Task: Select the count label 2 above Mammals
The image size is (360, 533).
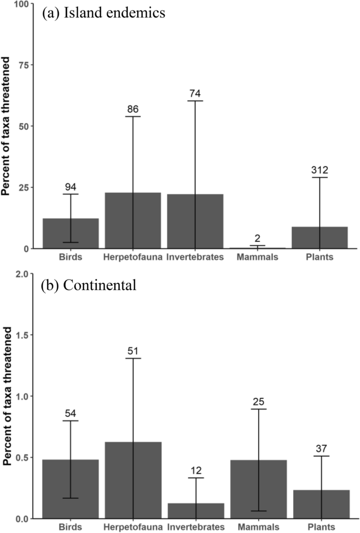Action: (x=258, y=238)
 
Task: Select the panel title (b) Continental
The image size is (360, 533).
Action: (x=89, y=286)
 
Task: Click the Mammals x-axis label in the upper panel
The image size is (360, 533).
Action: (x=258, y=257)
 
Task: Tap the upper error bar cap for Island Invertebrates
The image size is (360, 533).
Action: (x=195, y=100)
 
